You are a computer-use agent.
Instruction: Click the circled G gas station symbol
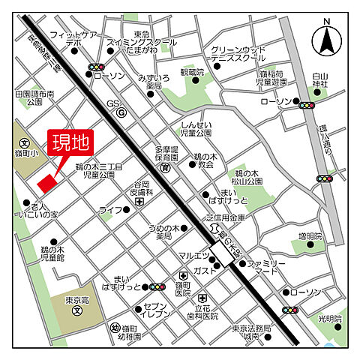pyautogui.click(x=121, y=112)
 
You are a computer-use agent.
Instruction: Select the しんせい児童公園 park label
pyautogui.click(x=198, y=129)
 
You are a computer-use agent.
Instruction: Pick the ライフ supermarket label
pyautogui.click(x=110, y=210)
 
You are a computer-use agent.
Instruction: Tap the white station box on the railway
pyautogui.click(x=222, y=253)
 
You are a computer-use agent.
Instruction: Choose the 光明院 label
pyautogui.click(x=328, y=319)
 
